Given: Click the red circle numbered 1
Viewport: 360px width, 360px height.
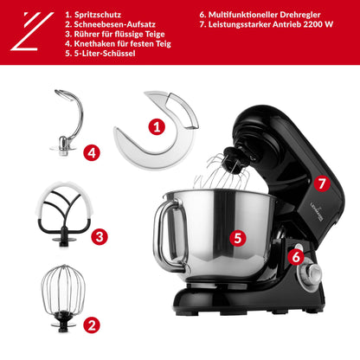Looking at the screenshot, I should [x=157, y=126].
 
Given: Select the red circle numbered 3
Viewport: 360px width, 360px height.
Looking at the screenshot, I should [x=100, y=235].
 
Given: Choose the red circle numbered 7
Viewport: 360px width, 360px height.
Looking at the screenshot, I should [x=321, y=183].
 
